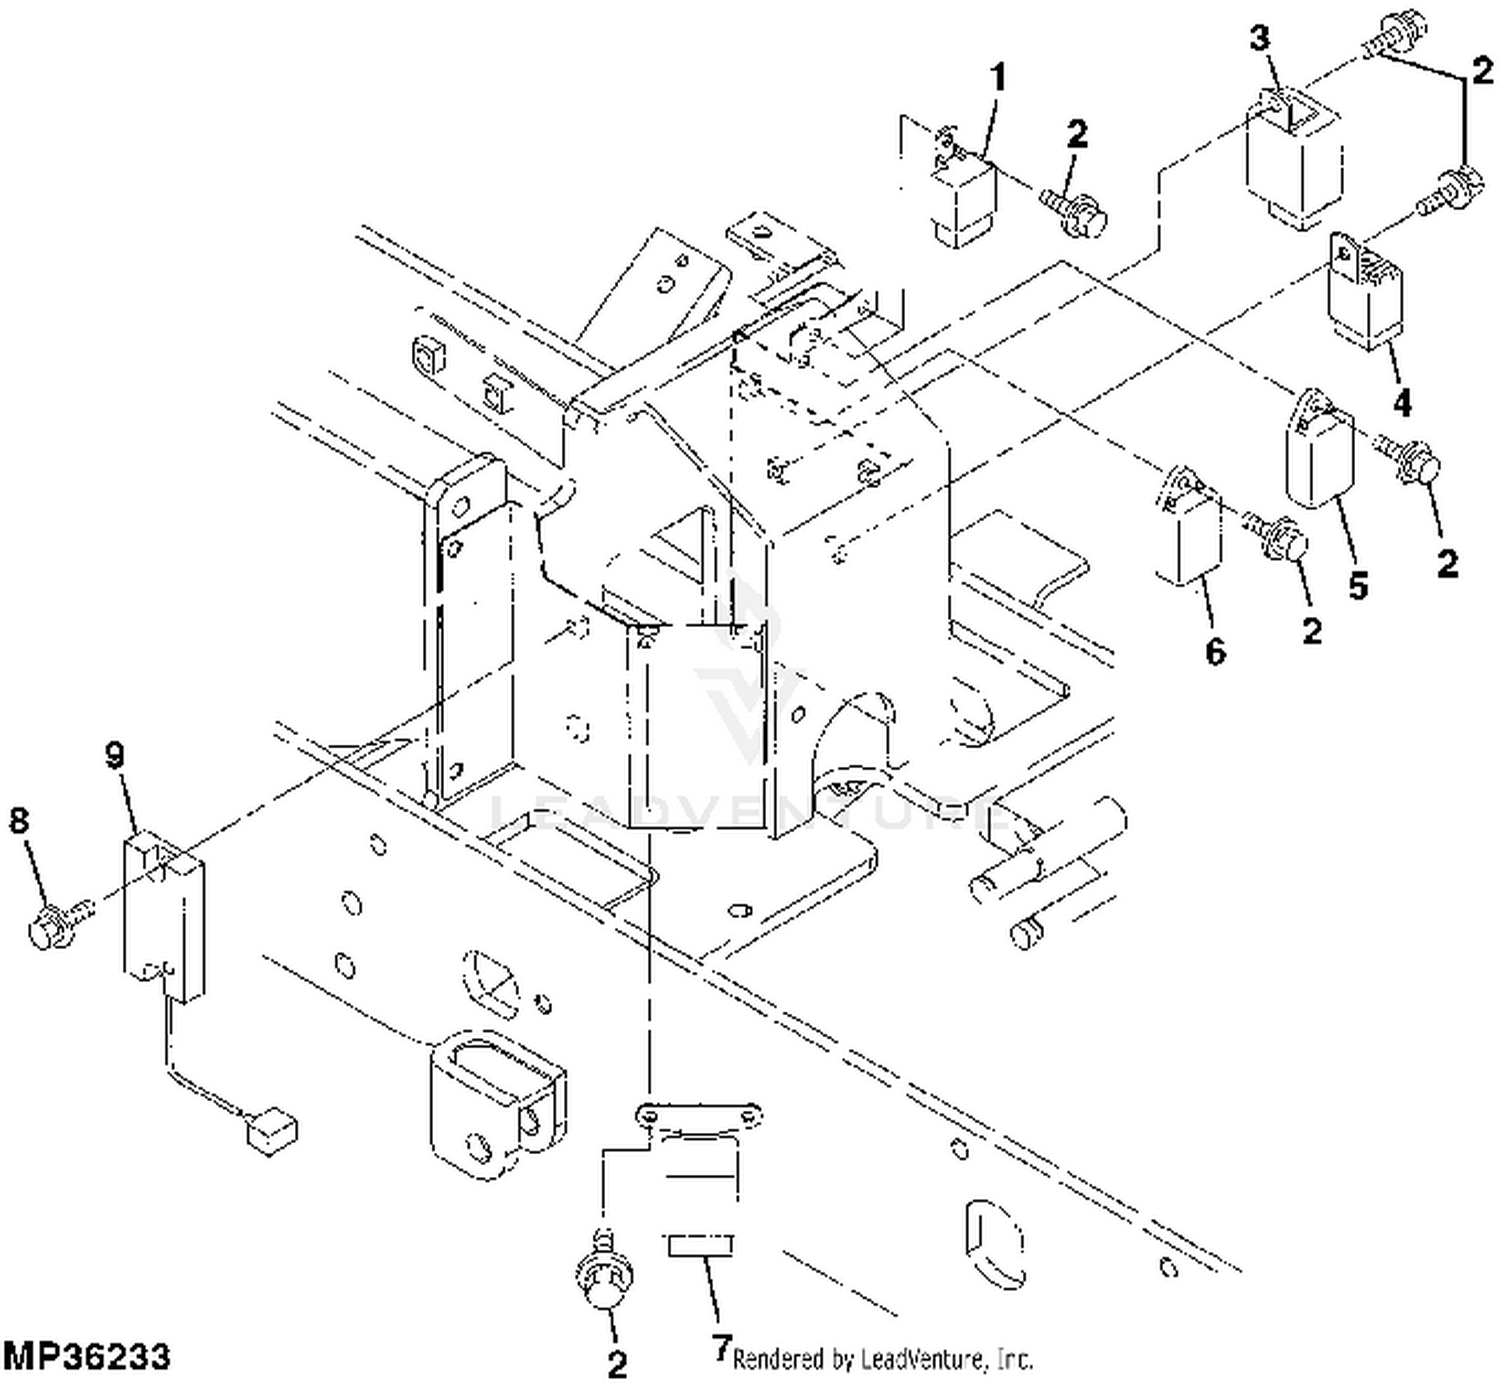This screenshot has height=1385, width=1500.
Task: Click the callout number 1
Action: pyautogui.click(x=998, y=79)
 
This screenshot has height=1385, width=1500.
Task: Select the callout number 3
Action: pyautogui.click(x=1260, y=38)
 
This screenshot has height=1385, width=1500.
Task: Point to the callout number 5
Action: pyautogui.click(x=1358, y=586)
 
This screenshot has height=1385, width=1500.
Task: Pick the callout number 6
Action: pyautogui.click(x=1215, y=652)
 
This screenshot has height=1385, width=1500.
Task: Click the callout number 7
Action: pyautogui.click(x=722, y=1346)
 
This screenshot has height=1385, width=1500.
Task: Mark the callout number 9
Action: pyautogui.click(x=115, y=754)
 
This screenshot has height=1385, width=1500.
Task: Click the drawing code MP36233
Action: pyautogui.click(x=86, y=1356)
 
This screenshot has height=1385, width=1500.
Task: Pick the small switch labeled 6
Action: pyautogui.click(x=1188, y=527)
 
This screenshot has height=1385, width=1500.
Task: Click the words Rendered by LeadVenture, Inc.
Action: pyautogui.click(x=882, y=1359)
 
